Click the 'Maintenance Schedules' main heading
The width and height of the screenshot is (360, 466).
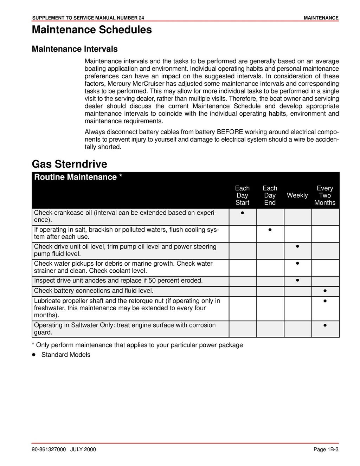tap(92, 30)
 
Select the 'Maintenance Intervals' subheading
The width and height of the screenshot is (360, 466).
tap(75, 49)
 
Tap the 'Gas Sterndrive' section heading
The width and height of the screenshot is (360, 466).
tap(69, 164)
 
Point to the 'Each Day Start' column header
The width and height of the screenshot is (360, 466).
tap(242, 195)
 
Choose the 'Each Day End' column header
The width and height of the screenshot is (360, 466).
tap(270, 195)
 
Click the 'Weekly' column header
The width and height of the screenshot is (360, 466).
tap(297, 195)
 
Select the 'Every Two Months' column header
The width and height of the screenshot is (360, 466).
tap(324, 195)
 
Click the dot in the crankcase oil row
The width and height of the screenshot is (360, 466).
tap(243, 213)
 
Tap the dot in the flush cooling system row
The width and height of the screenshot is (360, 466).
tap(270, 230)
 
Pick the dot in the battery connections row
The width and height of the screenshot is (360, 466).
tap(325, 291)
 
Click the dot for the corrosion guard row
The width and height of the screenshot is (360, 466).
tap(325, 325)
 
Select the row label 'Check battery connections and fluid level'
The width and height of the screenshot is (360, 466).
tap(94, 291)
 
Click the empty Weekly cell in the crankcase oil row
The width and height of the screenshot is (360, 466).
tap(297, 217)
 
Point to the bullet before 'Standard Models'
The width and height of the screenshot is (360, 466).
tap(34, 355)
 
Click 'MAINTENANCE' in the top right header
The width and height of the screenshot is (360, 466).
tap(321, 18)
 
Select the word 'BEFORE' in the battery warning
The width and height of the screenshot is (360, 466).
tap(230, 132)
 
